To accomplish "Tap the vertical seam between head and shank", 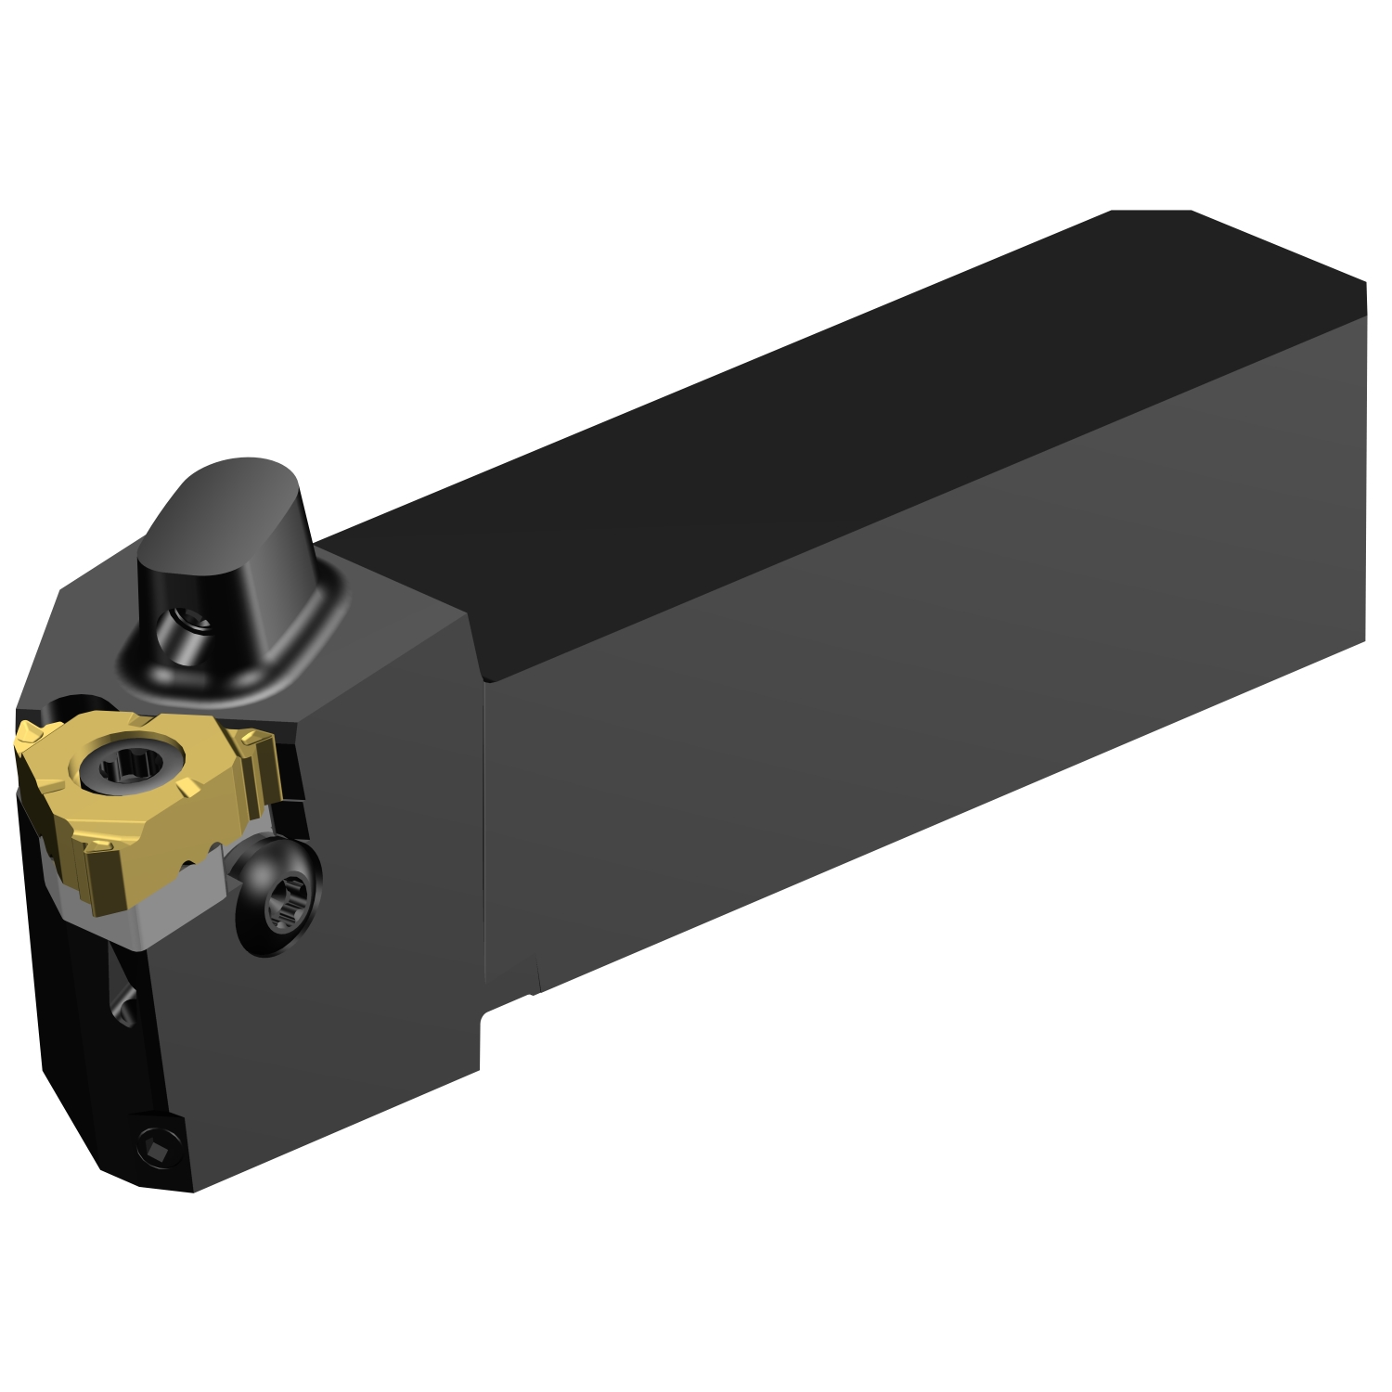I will (485, 835).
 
